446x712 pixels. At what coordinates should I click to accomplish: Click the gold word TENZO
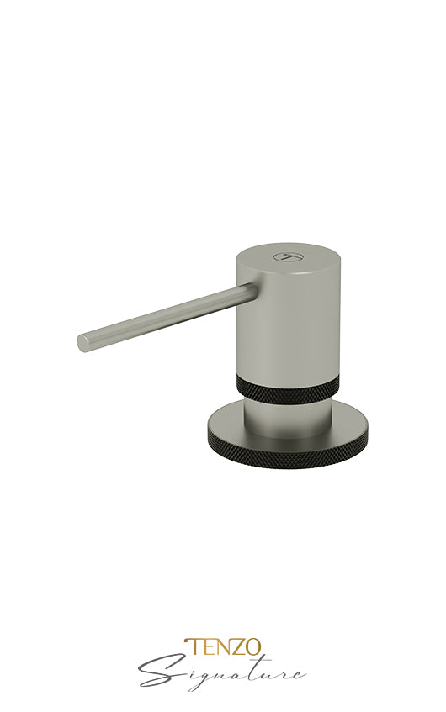click(222, 647)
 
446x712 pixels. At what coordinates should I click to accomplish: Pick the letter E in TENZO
click(205, 647)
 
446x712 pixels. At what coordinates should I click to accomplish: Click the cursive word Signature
click(222, 672)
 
